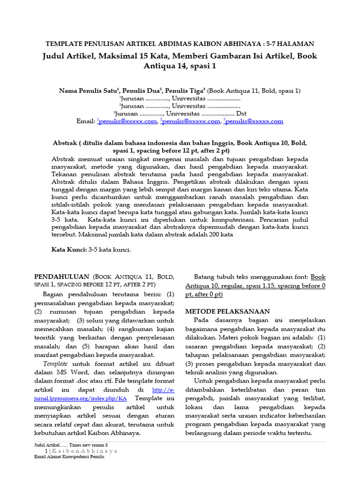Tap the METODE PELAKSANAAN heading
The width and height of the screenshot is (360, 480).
[x=227, y=311]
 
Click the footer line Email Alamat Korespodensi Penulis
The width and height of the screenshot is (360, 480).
[x=69, y=457]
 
